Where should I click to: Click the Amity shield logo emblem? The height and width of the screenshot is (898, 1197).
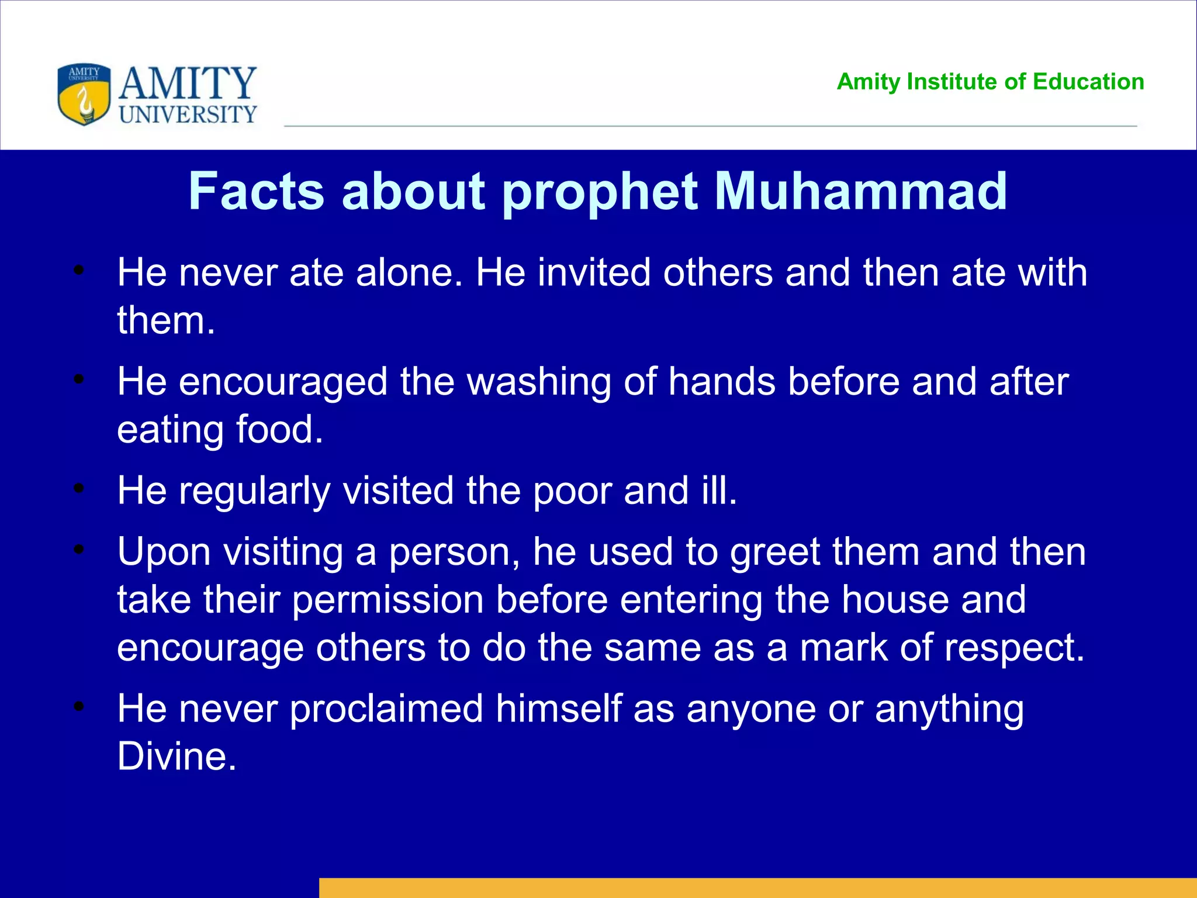click(x=84, y=95)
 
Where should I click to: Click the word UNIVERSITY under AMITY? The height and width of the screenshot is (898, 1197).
click(x=188, y=115)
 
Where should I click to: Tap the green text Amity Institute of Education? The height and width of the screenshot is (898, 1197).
click(x=990, y=82)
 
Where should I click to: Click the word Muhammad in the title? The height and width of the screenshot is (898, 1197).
click(x=860, y=192)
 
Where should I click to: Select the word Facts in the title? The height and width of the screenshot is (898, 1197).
click(x=256, y=192)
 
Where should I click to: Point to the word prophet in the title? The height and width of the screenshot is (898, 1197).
click(x=600, y=193)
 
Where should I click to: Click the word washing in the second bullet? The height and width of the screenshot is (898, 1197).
click(x=538, y=382)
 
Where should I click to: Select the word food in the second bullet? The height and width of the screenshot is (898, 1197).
click(x=279, y=430)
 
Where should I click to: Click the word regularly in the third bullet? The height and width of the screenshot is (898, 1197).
click(x=255, y=491)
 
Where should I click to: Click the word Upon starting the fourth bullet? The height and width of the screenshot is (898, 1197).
click(x=164, y=552)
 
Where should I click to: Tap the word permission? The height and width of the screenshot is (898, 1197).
click(x=388, y=600)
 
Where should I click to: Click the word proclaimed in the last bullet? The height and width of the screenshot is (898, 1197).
click(x=386, y=709)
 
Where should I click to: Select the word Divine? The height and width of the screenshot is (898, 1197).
click(x=176, y=757)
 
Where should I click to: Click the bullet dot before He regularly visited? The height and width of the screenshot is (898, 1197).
click(x=79, y=488)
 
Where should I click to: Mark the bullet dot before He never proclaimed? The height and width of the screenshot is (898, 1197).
click(x=79, y=706)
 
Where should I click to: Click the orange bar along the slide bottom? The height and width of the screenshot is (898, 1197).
click(x=757, y=887)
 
